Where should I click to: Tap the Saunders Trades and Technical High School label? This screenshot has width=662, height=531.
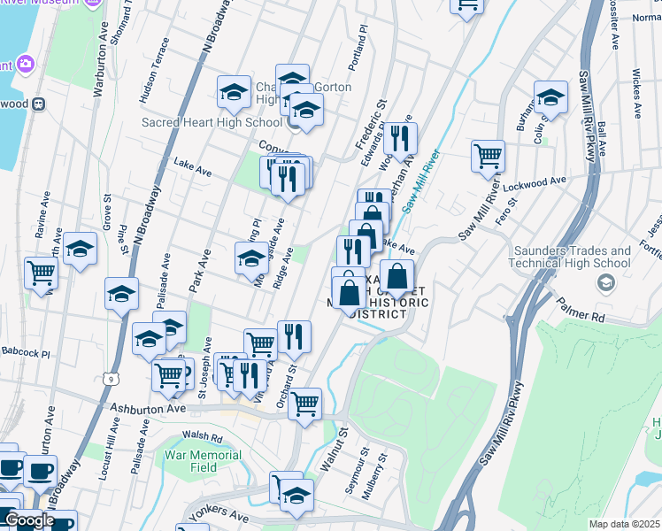tap(570, 257)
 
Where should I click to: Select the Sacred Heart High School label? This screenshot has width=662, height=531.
tap(212, 122)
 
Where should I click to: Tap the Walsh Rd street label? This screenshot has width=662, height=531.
tap(202, 435)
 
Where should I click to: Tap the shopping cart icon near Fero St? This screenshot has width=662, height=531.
tap(488, 156)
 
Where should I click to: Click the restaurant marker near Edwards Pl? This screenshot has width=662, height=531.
tap(400, 136)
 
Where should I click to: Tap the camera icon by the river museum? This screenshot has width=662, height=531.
tap(26, 65)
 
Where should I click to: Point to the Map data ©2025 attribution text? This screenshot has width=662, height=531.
tap(624, 524)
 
